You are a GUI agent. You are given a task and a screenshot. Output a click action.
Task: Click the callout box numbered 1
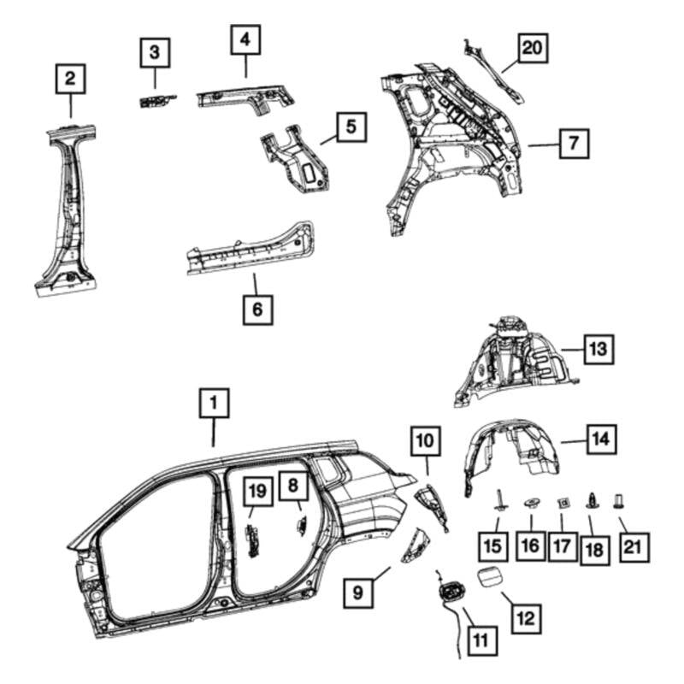tap(214, 402)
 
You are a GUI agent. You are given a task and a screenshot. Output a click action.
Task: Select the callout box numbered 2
tap(70, 80)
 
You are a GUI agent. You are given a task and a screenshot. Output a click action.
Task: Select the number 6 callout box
tap(256, 308)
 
